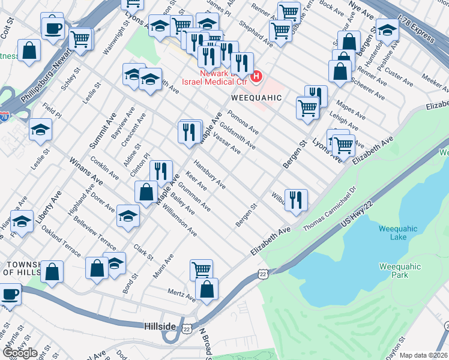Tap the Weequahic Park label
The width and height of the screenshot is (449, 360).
coord(400,271)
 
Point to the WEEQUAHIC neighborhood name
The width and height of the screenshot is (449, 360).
coord(253,97)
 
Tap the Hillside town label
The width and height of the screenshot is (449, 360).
coord(160,325)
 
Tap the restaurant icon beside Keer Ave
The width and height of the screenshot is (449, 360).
coord(161,171)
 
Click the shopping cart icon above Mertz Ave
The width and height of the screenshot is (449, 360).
coord(201,270)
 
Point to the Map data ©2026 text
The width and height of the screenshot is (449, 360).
coord(423,355)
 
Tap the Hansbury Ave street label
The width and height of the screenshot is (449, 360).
coord(209,175)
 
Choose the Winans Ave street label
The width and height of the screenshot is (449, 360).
coord(83,172)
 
